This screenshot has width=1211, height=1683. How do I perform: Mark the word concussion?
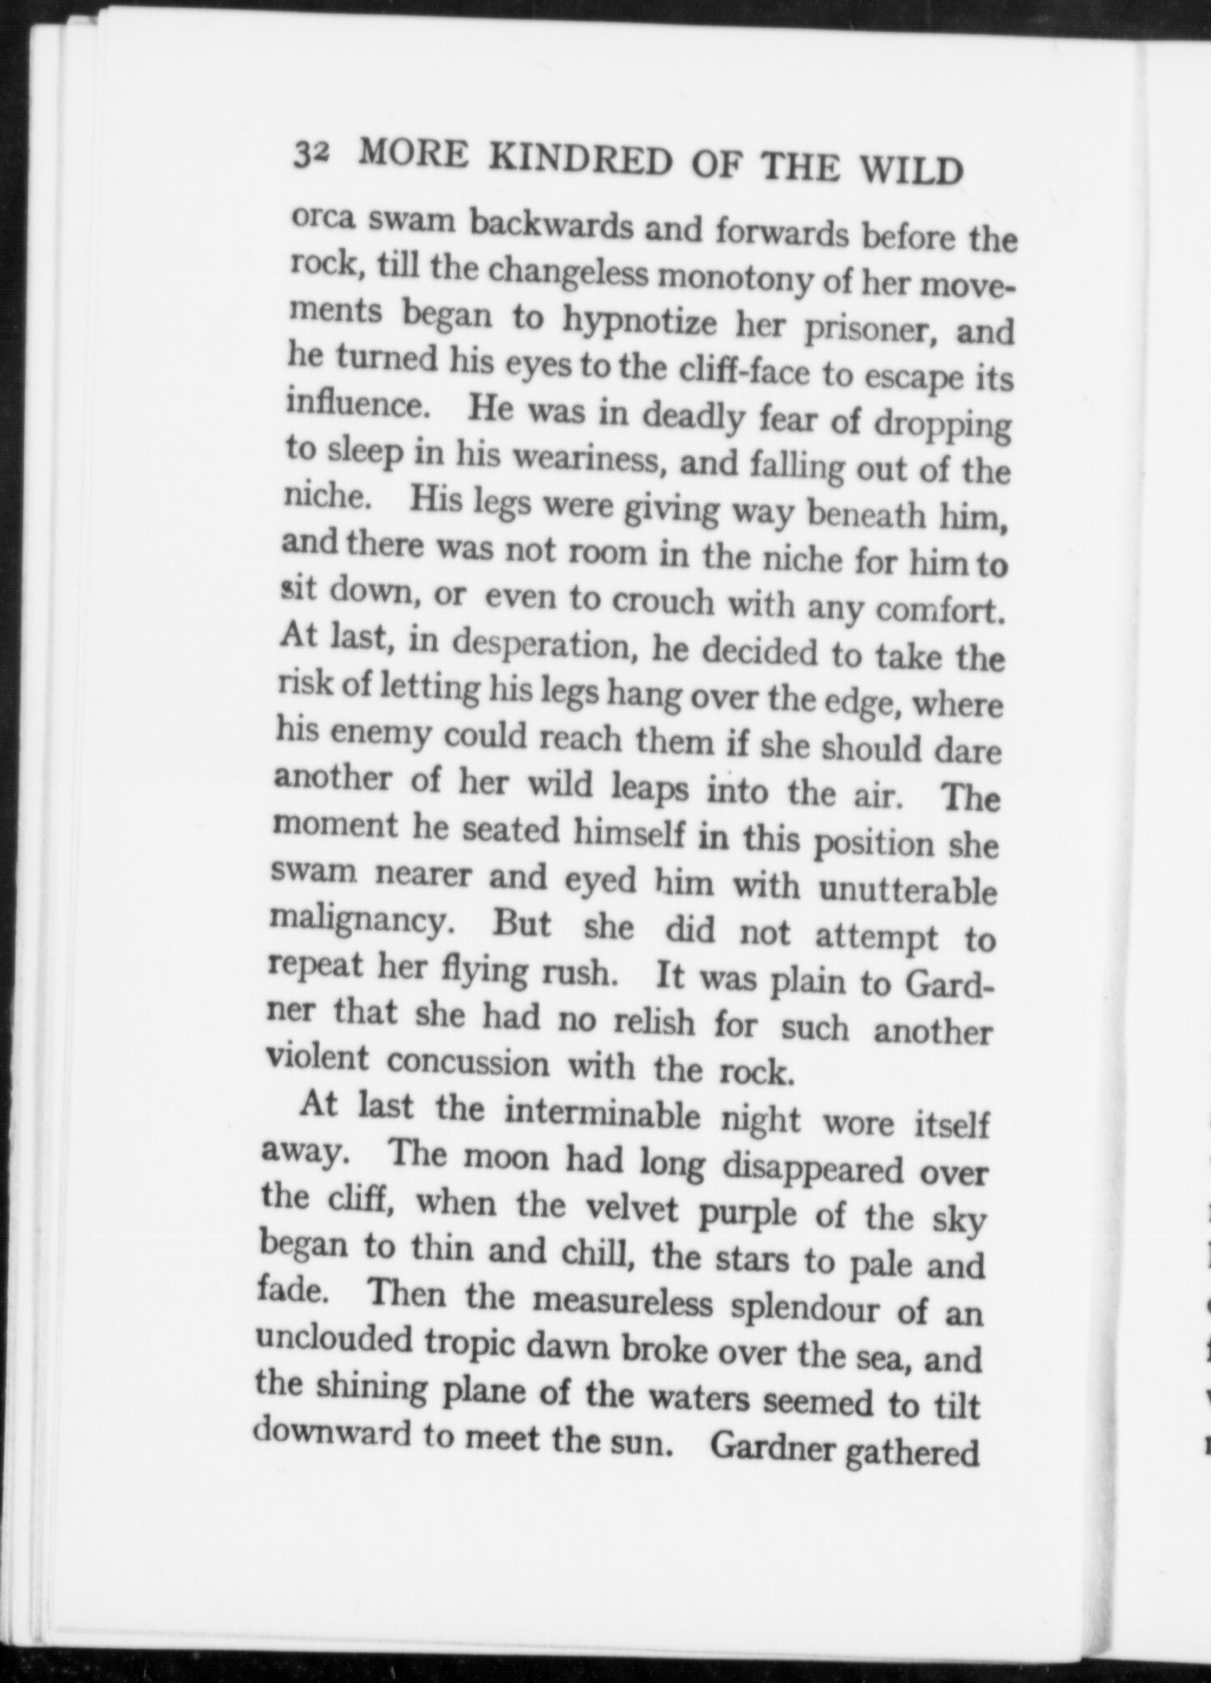[x=468, y=1062]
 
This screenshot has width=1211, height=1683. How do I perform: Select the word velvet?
[x=631, y=1208]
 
